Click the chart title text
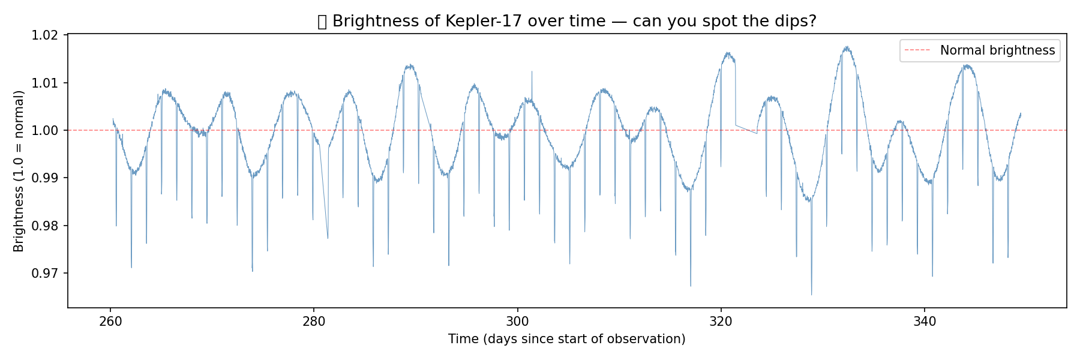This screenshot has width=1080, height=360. pyautogui.click(x=566, y=22)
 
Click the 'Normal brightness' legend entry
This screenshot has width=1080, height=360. pyautogui.click(x=997, y=50)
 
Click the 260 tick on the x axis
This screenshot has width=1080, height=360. pyautogui.click(x=110, y=322)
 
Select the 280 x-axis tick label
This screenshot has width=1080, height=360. pyautogui.click(x=314, y=322)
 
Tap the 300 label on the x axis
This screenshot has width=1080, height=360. pyautogui.click(x=517, y=322)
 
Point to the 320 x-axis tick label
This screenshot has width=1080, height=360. pyautogui.click(x=721, y=322)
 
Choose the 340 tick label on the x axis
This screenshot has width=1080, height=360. pyautogui.click(x=924, y=322)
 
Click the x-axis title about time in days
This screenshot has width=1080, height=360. pyautogui.click(x=566, y=340)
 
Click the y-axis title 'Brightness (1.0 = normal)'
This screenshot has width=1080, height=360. pyautogui.click(x=19, y=171)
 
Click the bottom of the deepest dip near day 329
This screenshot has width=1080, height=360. pyautogui.click(x=812, y=294)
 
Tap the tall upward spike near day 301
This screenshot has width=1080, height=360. pyautogui.click(x=532, y=72)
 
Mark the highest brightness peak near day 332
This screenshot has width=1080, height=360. pyautogui.click(x=847, y=47)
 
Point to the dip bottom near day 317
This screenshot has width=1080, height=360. pyautogui.click(x=691, y=286)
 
